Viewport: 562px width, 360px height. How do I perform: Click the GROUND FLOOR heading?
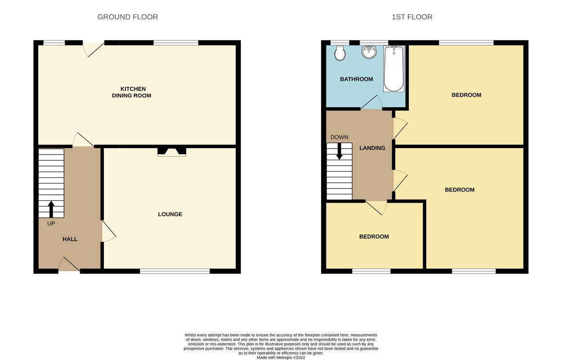pos(127,17)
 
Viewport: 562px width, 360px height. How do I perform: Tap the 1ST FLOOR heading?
pos(412,17)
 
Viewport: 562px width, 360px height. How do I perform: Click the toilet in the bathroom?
pos(340,53)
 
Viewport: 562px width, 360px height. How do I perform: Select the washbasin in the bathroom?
pos(369,52)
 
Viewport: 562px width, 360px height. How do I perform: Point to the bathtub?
pos(394,68)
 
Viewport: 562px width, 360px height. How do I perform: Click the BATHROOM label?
pos(356,79)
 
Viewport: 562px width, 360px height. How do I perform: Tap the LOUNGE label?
pos(170,214)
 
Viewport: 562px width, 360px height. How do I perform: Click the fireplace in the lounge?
pos(172,152)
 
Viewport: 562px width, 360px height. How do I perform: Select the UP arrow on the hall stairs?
pos(51,209)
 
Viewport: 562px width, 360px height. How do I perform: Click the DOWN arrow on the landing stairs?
pos(339,151)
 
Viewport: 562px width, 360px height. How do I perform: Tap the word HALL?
pos(70,239)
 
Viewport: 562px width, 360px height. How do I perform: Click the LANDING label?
pos(372,148)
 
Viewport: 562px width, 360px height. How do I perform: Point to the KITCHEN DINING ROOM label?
pos(132,92)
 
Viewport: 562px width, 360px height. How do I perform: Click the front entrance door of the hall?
pos(69,264)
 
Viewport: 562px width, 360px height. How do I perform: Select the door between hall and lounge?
pos(109,231)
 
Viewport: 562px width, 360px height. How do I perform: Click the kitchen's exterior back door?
pos(94,49)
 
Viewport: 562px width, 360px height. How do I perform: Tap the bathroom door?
pos(371,102)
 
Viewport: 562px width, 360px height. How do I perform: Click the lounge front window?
pos(174,271)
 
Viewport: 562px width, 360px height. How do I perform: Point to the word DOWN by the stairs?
pos(339,137)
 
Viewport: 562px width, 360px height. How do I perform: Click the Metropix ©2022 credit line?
pos(281,357)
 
